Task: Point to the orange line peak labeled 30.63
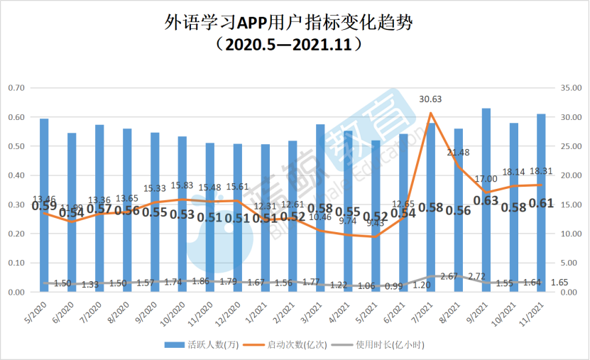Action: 431,113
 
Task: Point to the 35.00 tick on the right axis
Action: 572,88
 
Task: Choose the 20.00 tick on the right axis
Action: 572,175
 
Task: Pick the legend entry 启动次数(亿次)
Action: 297,345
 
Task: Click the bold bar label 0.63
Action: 486,201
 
